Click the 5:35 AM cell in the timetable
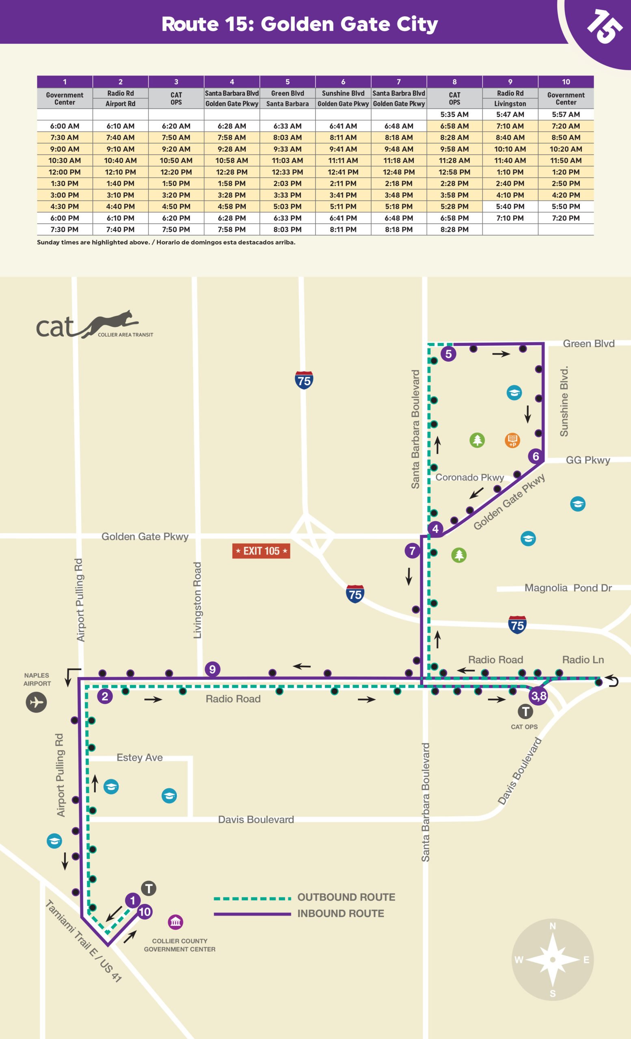coord(454,114)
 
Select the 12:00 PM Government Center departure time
coord(65,172)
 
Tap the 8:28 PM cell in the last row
coord(454,229)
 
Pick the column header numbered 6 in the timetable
coord(343,82)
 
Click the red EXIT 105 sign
coord(261,551)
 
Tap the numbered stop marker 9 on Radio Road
coord(212,669)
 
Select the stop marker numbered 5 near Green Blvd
coord(448,354)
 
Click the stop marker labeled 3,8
coord(539,696)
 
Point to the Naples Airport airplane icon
coord(36,702)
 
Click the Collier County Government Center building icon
coord(175,922)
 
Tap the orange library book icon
coord(512,440)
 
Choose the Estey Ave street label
coord(140,757)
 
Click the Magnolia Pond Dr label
coord(568,588)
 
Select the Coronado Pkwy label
coord(469,477)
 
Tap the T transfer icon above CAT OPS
coord(525,712)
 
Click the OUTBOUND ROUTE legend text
coord(346,897)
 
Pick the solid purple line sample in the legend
coord(252,914)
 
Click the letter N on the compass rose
coord(553,926)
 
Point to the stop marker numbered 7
coord(412,551)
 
